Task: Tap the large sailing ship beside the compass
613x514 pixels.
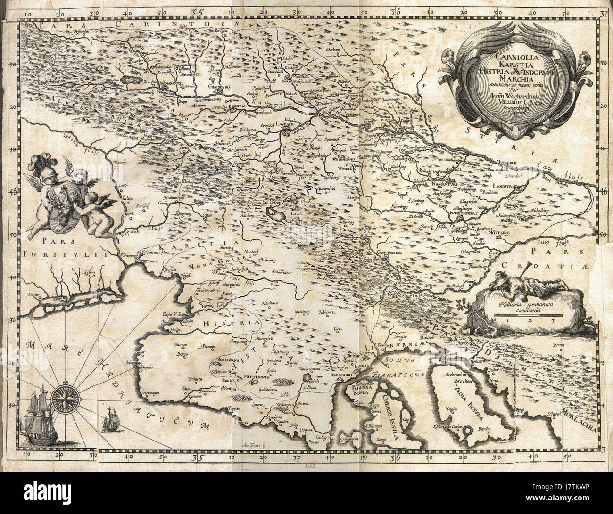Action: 39,416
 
